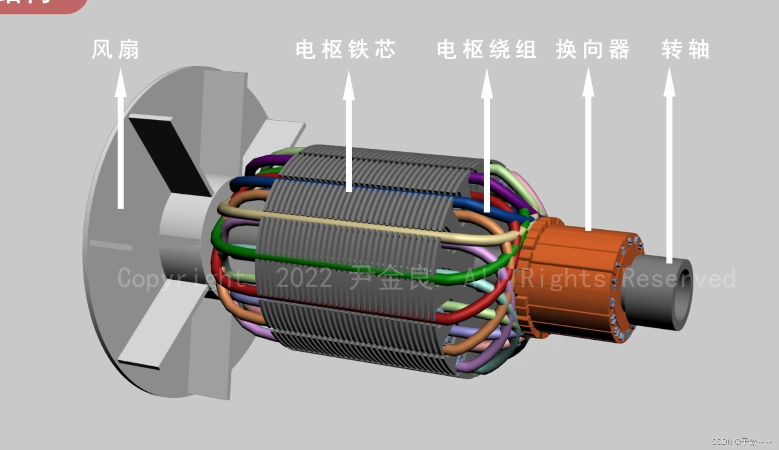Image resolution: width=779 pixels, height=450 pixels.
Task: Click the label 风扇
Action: click(116, 50)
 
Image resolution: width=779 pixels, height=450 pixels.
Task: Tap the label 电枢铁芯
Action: click(345, 50)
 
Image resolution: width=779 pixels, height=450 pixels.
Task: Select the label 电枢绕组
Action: click(486, 50)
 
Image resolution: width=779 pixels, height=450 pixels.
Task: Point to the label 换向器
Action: click(592, 50)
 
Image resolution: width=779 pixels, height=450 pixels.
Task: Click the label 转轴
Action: click(685, 50)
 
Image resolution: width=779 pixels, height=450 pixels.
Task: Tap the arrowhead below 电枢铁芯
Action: click(349, 86)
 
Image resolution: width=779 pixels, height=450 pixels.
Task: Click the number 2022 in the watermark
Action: click(304, 278)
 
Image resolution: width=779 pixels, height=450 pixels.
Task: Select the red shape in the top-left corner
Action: click(41, 5)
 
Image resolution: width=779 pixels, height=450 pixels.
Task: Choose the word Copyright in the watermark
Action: click(180, 278)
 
